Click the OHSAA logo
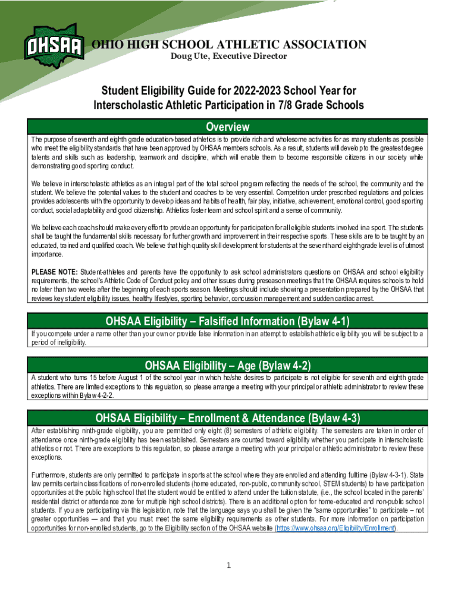click(54, 45)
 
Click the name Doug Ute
click(188, 56)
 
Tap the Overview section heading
click(227, 127)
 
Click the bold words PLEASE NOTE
click(51, 272)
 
